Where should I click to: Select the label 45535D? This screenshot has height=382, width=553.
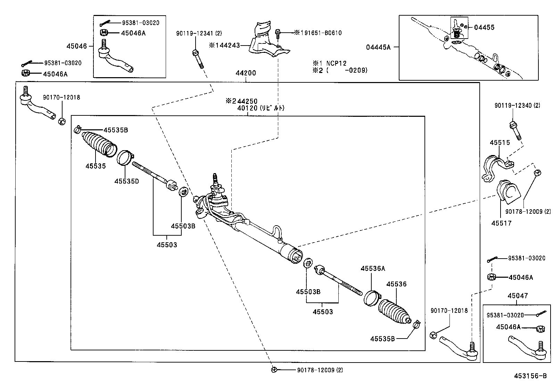[x=126, y=181]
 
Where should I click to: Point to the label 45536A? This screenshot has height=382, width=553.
[x=372, y=268]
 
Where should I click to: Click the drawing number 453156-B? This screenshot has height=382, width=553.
[x=530, y=376]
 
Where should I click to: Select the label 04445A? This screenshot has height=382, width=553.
[x=378, y=47]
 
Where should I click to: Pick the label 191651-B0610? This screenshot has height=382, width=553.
[x=320, y=33]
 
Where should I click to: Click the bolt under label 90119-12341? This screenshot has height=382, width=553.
[x=198, y=59]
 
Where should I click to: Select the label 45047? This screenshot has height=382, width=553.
[x=517, y=296]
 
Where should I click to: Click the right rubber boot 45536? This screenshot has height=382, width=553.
[x=394, y=312]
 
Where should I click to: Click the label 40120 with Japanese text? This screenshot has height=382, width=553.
[x=261, y=108]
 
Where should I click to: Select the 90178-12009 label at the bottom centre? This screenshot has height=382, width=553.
[x=320, y=370]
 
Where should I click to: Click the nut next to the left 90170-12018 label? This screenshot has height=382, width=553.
[x=62, y=122]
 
